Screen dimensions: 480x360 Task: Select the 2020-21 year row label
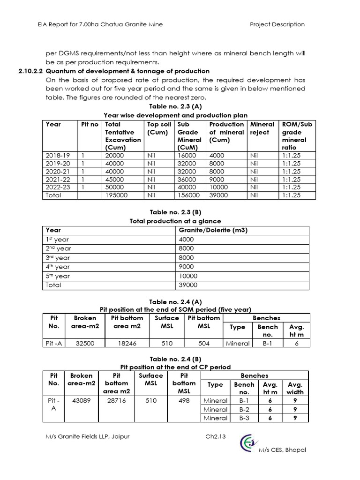[x=57, y=172]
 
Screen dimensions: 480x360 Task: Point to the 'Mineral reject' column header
[x=262, y=128]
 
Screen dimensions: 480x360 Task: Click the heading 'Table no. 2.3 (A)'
[x=175, y=107]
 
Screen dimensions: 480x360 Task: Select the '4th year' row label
[x=57, y=267]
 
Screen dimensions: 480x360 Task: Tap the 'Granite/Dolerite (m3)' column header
[x=213, y=230]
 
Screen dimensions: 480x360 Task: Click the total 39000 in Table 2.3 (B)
[x=188, y=285]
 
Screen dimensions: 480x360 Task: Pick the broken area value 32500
[x=85, y=343]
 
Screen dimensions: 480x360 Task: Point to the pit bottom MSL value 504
[x=203, y=343]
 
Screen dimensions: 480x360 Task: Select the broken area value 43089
[x=81, y=401]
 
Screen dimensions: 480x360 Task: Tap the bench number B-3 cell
[x=244, y=418]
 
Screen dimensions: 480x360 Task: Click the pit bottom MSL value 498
[x=184, y=401]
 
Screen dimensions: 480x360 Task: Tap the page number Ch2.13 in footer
[x=216, y=436]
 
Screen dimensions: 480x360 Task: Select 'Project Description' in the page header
[x=277, y=24]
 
